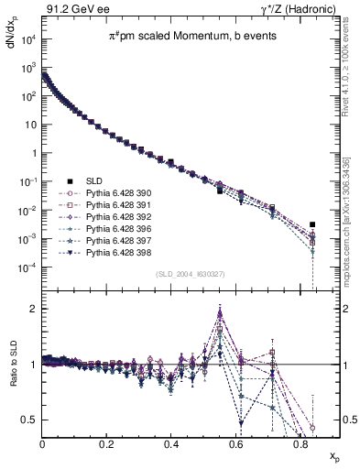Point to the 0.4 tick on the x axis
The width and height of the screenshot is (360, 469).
coord(171,444)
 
